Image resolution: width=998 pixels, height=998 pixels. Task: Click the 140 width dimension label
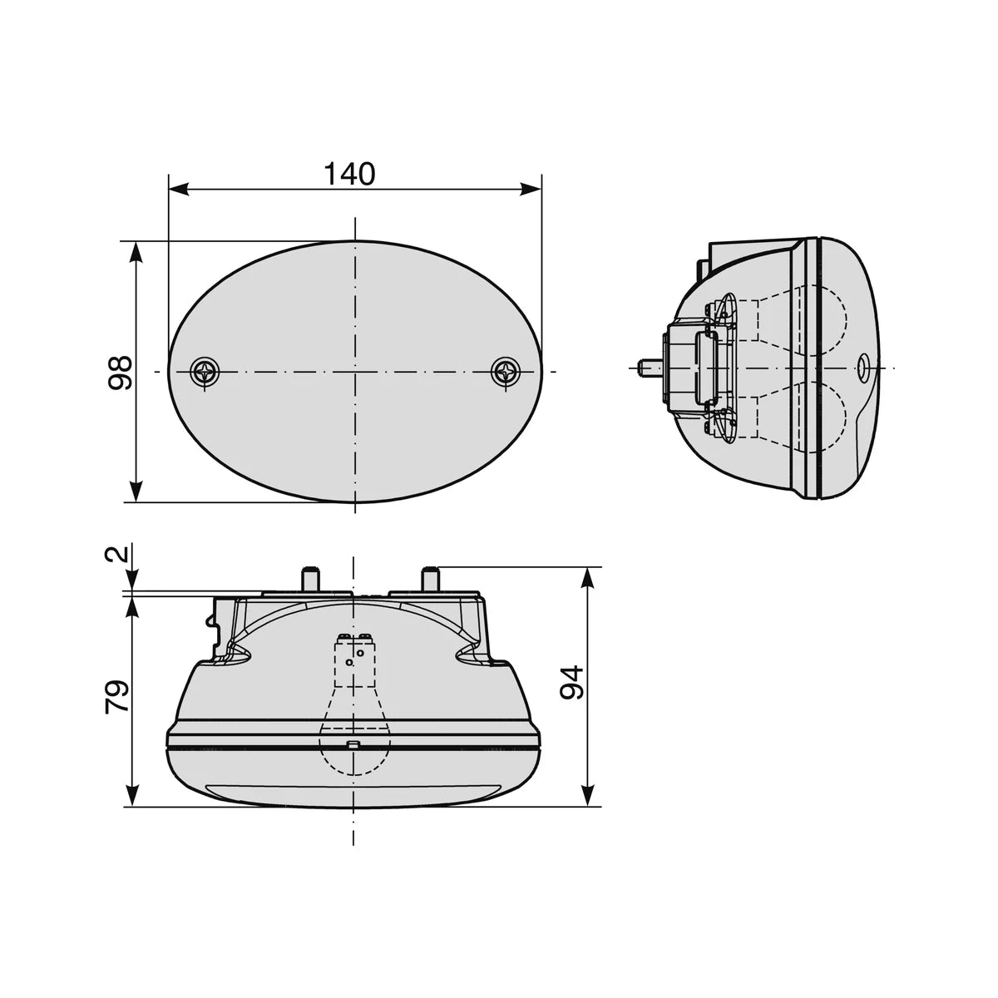[x=349, y=174]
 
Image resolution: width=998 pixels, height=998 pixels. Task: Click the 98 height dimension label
[x=120, y=372]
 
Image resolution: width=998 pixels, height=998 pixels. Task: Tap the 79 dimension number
[x=116, y=697]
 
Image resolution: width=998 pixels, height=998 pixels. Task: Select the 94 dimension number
[x=572, y=682]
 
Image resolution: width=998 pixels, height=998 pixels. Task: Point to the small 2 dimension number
[x=116, y=555]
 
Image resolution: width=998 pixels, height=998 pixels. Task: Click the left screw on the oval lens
[x=205, y=371]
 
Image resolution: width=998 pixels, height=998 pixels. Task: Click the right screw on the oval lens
[x=506, y=371]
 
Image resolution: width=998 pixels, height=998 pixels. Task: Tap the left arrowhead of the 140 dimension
[x=179, y=189]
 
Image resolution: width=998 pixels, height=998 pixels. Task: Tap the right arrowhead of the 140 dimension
[x=531, y=189]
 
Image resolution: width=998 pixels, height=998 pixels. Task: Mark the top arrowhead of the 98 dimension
[x=136, y=252]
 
